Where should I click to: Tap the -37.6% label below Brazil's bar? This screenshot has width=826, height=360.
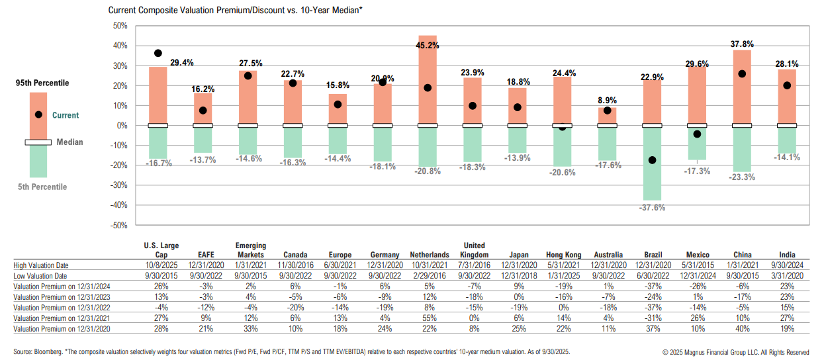(652, 207)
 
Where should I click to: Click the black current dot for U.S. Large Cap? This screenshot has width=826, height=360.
(158, 53)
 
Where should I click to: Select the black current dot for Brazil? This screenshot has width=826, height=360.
(652, 160)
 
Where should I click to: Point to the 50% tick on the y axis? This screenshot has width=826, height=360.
(120, 26)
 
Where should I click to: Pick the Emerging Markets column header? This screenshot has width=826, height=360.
(251, 250)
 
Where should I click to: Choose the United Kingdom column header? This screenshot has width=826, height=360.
(475, 250)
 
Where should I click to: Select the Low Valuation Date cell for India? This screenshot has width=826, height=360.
(787, 275)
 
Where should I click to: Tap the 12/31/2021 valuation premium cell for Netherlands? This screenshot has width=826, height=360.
(429, 318)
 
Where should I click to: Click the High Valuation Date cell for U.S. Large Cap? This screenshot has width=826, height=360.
(161, 265)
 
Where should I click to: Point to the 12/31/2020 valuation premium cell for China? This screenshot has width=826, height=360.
(742, 328)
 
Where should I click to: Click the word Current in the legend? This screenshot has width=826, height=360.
(66, 115)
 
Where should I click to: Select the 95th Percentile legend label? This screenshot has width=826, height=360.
(42, 83)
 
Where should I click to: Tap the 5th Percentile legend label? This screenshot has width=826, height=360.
(42, 187)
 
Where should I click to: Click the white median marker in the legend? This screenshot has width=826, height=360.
(38, 142)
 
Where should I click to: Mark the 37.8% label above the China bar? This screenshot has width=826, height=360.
(742, 44)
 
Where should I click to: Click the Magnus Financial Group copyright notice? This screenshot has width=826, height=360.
(735, 351)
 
